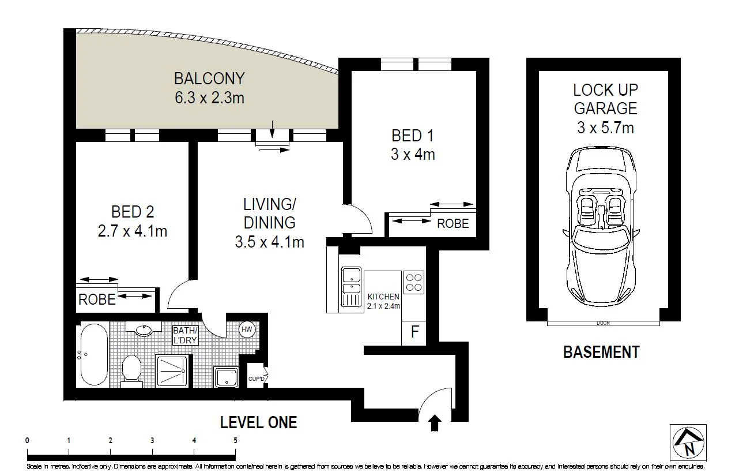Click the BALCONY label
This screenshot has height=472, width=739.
point(209,78)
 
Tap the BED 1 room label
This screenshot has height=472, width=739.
point(412,136)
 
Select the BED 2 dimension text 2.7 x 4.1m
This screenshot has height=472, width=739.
point(133,231)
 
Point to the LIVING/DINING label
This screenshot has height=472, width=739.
point(270,213)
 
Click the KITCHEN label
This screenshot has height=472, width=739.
point(383,297)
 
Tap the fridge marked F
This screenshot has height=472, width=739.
point(414,332)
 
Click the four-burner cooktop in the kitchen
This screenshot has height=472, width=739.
point(414,282)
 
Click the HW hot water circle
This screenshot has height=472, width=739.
point(247,329)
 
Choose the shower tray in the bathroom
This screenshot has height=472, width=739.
point(172,370)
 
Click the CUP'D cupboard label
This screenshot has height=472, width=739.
point(257,379)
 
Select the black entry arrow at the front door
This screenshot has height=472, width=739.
point(435,423)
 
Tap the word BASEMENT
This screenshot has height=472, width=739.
point(601,352)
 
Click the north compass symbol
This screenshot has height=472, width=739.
point(688,443)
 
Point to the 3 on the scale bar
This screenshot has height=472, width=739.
point(152,441)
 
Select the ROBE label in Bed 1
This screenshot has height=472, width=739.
point(453,224)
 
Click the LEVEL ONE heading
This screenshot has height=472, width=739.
point(258,422)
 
